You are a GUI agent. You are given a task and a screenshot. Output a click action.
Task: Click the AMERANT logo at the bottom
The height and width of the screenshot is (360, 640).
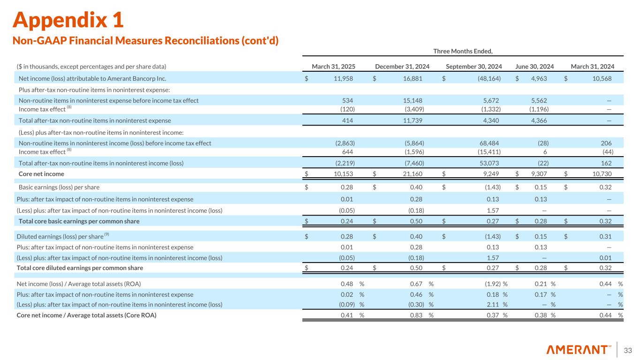tap(579, 350)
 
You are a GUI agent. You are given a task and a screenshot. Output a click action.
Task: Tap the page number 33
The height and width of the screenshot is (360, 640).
tap(628, 350)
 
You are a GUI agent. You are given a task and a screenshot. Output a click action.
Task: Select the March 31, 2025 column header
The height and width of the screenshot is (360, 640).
tap(332, 67)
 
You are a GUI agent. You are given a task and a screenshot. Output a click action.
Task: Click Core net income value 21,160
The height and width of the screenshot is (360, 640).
tap(413, 174)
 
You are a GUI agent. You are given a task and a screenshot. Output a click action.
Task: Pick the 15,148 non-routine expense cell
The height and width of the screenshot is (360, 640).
tap(413, 100)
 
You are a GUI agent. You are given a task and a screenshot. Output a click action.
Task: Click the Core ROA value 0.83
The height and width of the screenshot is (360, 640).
tap(417, 315)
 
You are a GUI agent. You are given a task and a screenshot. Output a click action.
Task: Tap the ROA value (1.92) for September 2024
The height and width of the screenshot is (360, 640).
tap(491, 284)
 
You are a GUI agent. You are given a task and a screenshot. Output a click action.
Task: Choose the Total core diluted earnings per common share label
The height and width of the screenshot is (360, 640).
tap(80, 268)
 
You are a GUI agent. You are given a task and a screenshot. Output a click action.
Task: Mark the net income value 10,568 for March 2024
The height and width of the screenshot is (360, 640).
tap(600, 78)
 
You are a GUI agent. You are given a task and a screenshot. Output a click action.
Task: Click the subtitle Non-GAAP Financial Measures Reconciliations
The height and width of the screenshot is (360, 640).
tap(145, 41)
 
